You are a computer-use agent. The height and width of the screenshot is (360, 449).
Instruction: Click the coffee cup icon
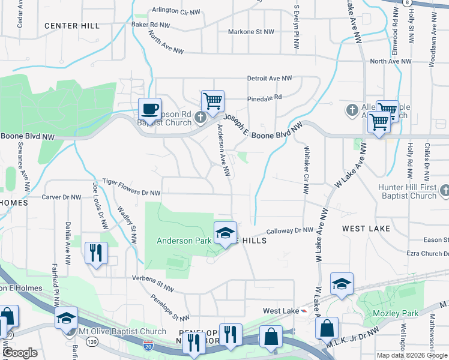click(150, 109)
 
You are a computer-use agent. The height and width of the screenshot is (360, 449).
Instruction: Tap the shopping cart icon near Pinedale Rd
click(212, 101)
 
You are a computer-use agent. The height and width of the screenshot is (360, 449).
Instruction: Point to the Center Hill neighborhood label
click(72, 26)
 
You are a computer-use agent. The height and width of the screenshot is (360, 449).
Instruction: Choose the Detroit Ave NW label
click(270, 79)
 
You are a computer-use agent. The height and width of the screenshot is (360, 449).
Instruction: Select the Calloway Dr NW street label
click(290, 230)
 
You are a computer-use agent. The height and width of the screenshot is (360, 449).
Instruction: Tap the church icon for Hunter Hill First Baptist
click(444, 191)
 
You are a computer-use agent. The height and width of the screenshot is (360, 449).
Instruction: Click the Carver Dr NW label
click(61, 197)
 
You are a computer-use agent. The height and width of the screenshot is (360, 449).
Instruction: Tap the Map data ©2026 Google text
click(412, 355)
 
